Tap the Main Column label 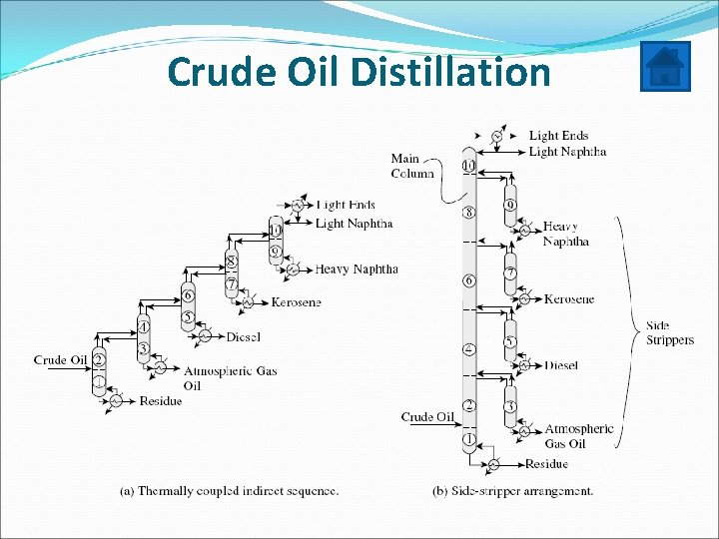pyautogui.click(x=411, y=166)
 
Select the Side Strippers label pyautogui.click(x=669, y=333)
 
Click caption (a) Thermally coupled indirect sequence pyautogui.click(x=229, y=491)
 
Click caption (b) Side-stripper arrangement pyautogui.click(x=512, y=491)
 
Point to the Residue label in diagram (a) pyautogui.click(x=161, y=400)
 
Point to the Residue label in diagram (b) pyautogui.click(x=546, y=464)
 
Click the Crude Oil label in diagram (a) pyautogui.click(x=62, y=360)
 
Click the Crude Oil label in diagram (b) pyautogui.click(x=427, y=416)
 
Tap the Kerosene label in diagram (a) pyautogui.click(x=296, y=301)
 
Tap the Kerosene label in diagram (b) pyautogui.click(x=569, y=298)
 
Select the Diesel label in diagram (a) pyautogui.click(x=243, y=336)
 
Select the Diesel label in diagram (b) pyautogui.click(x=561, y=365)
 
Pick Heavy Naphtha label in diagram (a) pyautogui.click(x=357, y=269)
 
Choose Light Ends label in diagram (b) pyautogui.click(x=558, y=135)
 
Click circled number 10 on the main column pyautogui.click(x=468, y=166)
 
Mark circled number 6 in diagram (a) pyautogui.click(x=187, y=296)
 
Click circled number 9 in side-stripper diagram pyautogui.click(x=510, y=206)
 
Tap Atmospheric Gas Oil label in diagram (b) pyautogui.click(x=578, y=435)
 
